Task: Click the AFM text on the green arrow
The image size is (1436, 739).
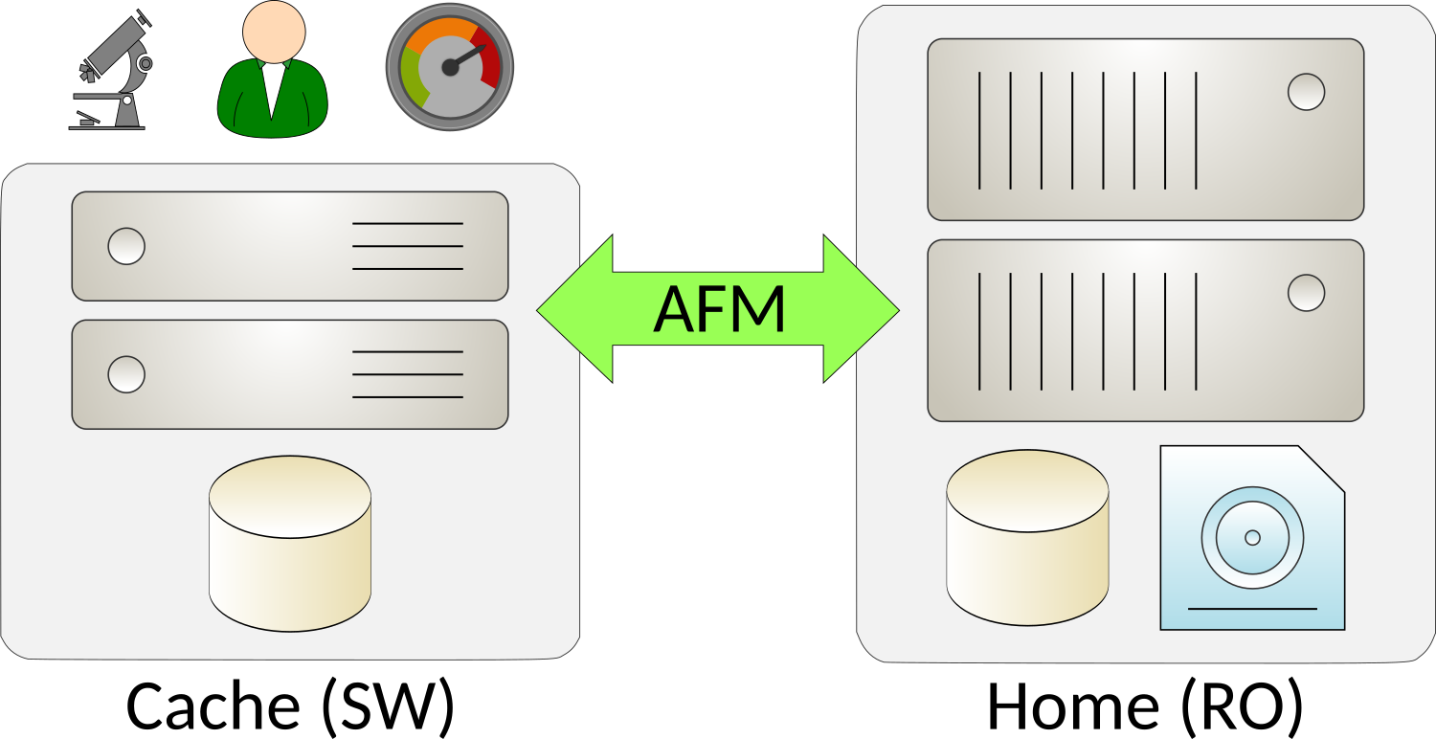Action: [x=719, y=309]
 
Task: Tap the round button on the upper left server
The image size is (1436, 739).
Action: [x=126, y=246]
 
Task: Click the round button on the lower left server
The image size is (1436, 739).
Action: [x=126, y=374]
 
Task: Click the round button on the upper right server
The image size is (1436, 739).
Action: [x=1306, y=92]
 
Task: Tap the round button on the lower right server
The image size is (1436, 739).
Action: [x=1306, y=293]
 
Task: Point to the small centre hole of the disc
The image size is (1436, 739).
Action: [x=1252, y=538]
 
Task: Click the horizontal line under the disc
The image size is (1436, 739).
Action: [x=1252, y=609]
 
